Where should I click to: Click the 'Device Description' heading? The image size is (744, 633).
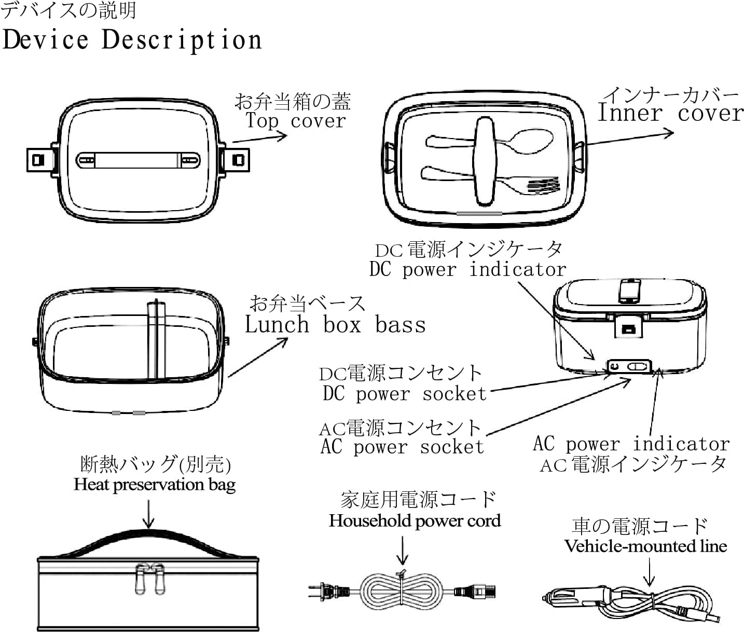click(132, 40)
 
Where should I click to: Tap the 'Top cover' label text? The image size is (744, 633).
click(295, 121)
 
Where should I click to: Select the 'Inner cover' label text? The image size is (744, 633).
click(670, 113)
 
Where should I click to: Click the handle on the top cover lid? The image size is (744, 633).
click(137, 160)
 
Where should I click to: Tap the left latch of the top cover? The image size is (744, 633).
click(38, 159)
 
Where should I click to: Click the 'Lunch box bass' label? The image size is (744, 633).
click(335, 325)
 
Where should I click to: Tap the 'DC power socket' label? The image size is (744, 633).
click(405, 394)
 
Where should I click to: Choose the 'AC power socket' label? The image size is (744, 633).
click(402, 447)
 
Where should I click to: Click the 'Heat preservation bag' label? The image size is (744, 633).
click(155, 485)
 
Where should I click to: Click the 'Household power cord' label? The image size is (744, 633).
click(415, 521)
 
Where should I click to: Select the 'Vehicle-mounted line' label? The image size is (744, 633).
click(645, 546)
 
